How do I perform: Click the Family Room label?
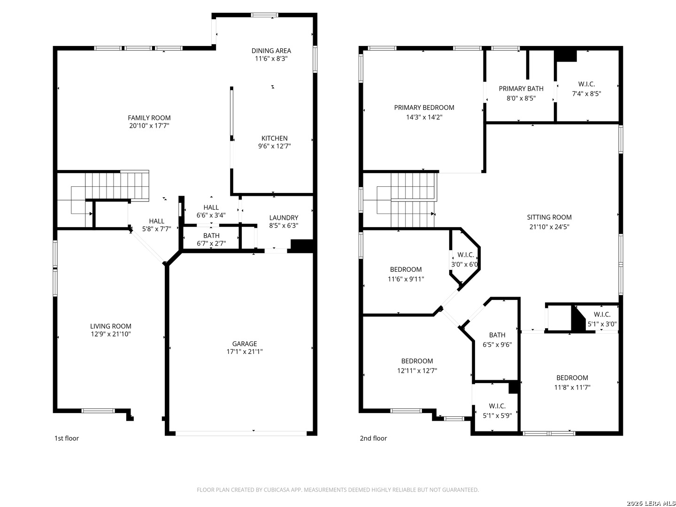149,117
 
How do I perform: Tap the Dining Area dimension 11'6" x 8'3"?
271,59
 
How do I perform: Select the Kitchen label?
275,138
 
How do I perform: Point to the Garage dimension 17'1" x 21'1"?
245,352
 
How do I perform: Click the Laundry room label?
284,218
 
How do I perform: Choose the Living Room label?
111,326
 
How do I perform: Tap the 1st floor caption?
67,438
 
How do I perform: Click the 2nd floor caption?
373,438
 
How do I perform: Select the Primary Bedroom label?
424,108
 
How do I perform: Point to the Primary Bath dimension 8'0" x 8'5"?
521,98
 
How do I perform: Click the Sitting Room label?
549,217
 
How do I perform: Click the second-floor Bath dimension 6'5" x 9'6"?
497,345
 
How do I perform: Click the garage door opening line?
241,433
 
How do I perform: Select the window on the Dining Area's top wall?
265,15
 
